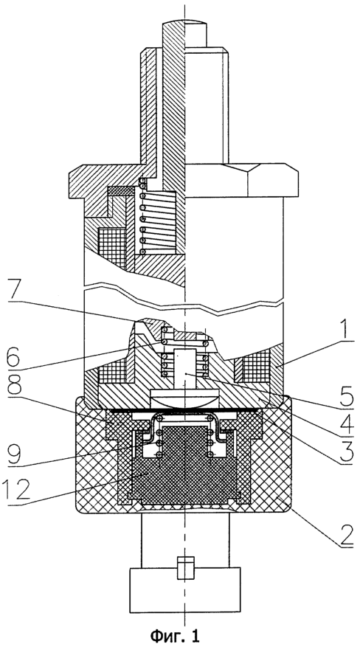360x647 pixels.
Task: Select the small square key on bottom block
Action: (186, 568)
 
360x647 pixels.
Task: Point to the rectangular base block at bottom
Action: (185, 590)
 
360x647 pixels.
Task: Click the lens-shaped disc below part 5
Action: (186, 398)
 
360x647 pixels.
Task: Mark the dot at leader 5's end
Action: (186, 373)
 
